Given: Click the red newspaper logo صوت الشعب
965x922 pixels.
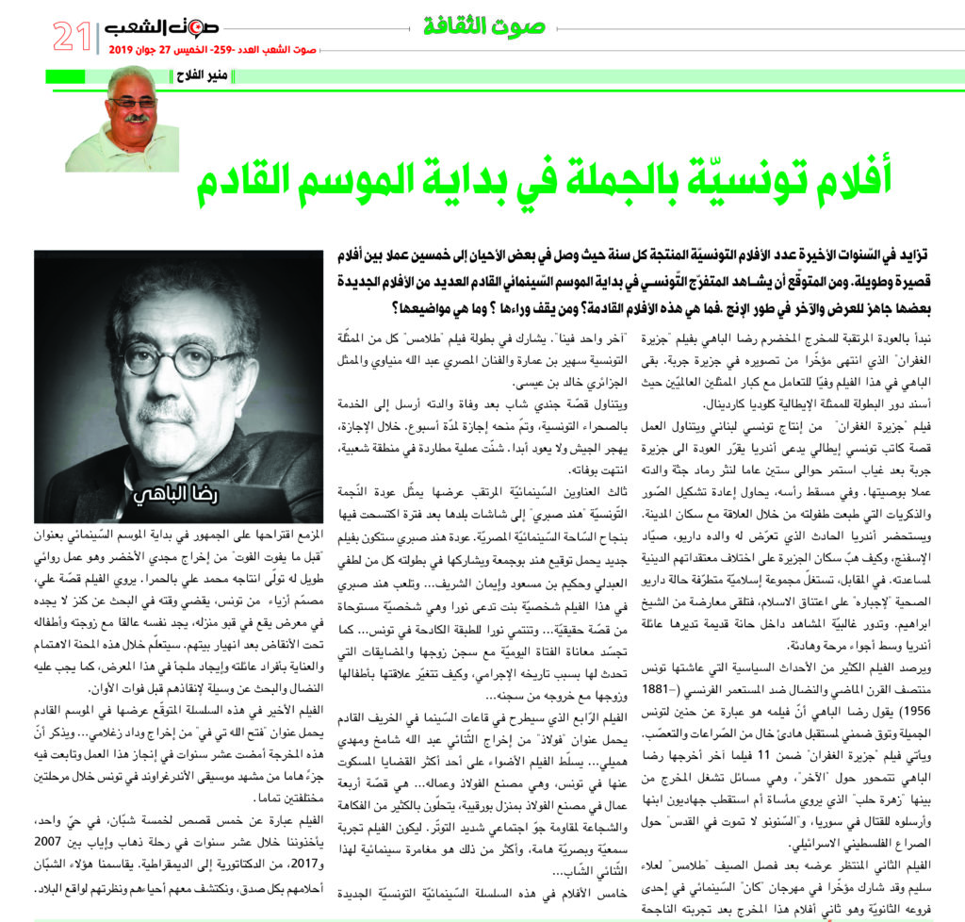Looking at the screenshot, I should [x=155, y=29].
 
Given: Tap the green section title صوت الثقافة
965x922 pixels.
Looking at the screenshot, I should [x=483, y=25].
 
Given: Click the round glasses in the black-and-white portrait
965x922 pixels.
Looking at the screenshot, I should [x=185, y=358].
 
